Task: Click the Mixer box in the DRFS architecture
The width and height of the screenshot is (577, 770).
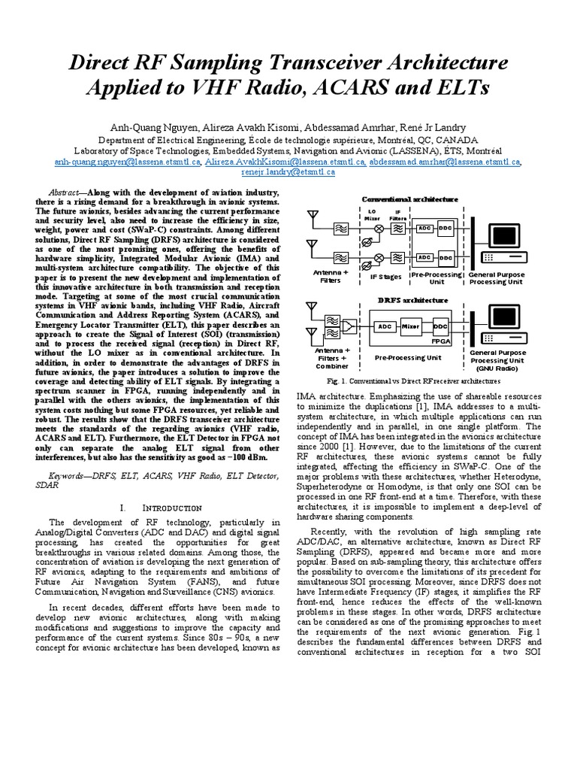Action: pyautogui.click(x=410, y=327)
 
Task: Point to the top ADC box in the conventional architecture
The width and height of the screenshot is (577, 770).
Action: pyautogui.click(x=424, y=227)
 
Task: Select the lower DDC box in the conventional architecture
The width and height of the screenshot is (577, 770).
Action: pyautogui.click(x=446, y=257)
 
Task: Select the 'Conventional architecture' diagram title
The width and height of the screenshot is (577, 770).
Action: pyautogui.click(x=409, y=199)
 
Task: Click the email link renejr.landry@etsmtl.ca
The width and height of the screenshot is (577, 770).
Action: pyautogui.click(x=288, y=172)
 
